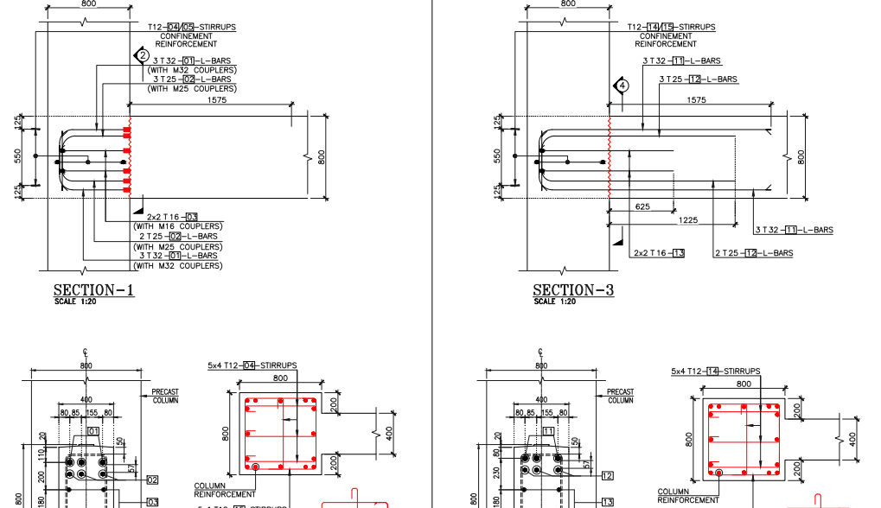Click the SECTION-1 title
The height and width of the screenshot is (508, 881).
click(x=93, y=290)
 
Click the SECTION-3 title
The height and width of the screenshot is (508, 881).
click(x=573, y=290)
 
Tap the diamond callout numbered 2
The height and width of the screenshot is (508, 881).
click(x=142, y=55)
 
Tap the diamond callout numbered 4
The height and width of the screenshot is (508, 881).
click(x=622, y=86)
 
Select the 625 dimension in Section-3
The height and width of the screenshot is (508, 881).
click(x=642, y=206)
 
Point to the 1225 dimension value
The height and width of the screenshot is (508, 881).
click(x=688, y=220)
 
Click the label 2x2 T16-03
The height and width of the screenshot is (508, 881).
click(x=172, y=216)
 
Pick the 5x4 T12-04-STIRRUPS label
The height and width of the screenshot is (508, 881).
click(x=252, y=365)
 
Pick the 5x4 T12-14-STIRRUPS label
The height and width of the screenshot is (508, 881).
click(x=715, y=371)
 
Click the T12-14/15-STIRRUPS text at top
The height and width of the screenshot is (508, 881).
click(x=671, y=27)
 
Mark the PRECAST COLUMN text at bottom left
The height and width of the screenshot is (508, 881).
click(x=165, y=397)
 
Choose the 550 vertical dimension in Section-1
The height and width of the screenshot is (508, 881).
click(x=17, y=156)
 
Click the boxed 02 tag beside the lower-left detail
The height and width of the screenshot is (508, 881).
click(x=152, y=479)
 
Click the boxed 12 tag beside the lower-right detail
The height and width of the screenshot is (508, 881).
click(x=607, y=475)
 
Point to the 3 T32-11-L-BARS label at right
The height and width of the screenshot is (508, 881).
click(x=794, y=230)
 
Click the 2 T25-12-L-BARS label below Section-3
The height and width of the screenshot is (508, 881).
click(x=753, y=253)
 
